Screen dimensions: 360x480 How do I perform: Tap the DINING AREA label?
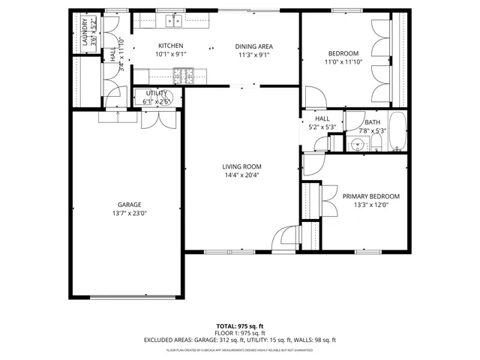253,46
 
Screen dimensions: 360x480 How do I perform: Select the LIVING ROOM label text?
241,166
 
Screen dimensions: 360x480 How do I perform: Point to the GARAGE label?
128,205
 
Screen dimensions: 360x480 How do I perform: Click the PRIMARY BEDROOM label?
370,196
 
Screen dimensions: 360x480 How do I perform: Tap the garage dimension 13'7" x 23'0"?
128,214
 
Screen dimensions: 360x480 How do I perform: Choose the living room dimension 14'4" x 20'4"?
241,175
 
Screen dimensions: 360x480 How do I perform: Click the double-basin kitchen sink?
175,22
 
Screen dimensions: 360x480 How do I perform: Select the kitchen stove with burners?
182,74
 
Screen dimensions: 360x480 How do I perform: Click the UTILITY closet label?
157,94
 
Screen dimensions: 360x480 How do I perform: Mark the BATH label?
372,122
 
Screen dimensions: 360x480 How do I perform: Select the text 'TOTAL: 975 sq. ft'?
240,326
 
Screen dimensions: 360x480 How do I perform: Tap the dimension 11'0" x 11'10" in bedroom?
343,62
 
